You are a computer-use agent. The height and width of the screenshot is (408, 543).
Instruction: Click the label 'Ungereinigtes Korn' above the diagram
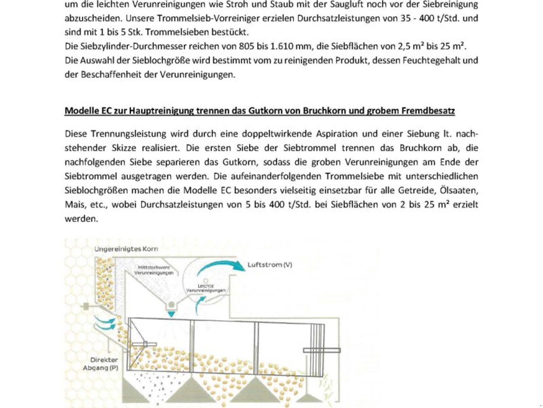126,249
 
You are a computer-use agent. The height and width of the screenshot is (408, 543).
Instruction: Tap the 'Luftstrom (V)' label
270,265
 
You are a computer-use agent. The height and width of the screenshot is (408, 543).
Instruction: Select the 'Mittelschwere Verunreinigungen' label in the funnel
154,270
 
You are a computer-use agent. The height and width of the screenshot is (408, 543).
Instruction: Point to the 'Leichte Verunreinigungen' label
206,288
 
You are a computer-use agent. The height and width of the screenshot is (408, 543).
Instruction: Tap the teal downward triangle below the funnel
171,314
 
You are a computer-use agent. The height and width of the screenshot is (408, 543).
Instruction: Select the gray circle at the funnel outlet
171,305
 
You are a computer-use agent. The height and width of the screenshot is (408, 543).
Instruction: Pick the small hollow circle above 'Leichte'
206,281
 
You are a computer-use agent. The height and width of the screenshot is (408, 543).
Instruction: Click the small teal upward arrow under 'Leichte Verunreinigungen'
200,305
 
